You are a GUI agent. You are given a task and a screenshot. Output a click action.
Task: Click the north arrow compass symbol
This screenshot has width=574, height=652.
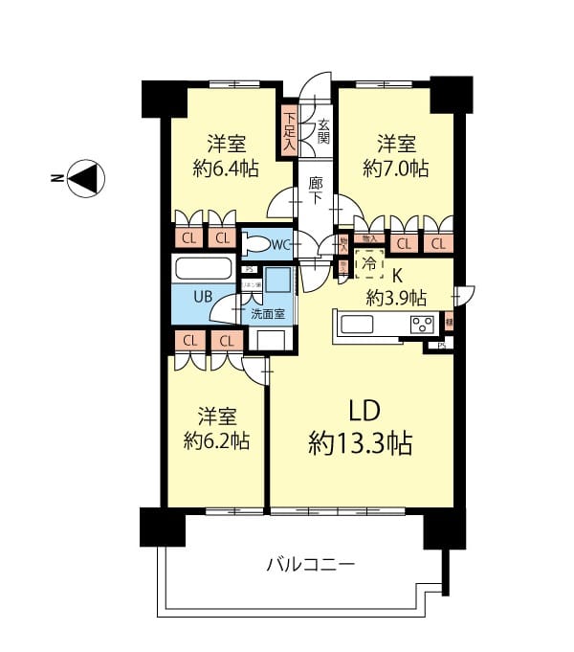(85, 178)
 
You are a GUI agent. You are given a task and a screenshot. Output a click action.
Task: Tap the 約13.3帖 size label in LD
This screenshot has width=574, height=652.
(360, 443)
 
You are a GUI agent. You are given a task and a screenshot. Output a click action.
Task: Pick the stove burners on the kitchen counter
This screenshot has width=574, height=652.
(421, 325)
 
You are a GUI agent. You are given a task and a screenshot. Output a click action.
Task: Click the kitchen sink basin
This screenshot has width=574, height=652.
(358, 325)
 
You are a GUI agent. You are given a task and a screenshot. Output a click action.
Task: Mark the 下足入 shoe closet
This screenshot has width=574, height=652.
(289, 132)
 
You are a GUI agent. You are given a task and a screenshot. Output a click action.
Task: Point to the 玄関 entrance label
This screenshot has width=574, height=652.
(324, 130)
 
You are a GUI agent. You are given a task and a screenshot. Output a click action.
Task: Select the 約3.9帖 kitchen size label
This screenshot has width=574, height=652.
(397, 296)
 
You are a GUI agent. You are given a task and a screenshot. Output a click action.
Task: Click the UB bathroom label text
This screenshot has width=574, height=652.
(203, 296)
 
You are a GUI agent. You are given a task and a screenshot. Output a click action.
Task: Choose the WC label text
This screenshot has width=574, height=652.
(280, 245)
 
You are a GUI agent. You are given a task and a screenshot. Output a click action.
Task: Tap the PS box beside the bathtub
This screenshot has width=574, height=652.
(250, 270)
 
